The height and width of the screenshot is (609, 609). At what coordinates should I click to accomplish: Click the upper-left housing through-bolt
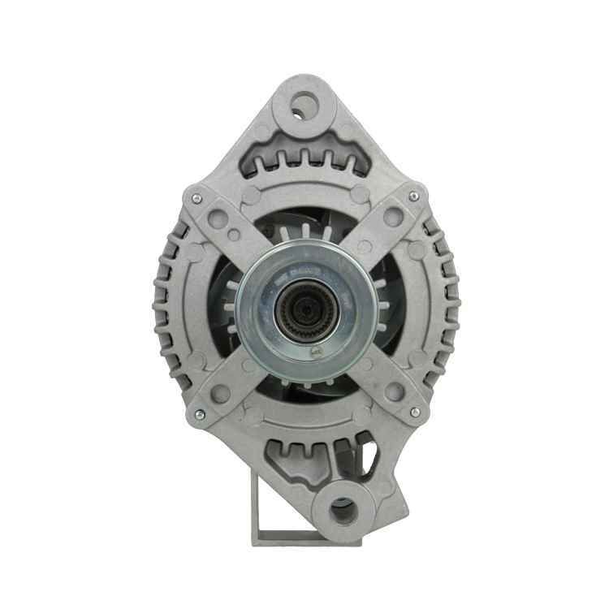[x=197, y=197]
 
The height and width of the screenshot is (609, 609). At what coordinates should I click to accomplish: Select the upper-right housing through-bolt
[x=413, y=197]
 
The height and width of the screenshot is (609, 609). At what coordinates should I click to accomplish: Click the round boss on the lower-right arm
[x=394, y=392]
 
